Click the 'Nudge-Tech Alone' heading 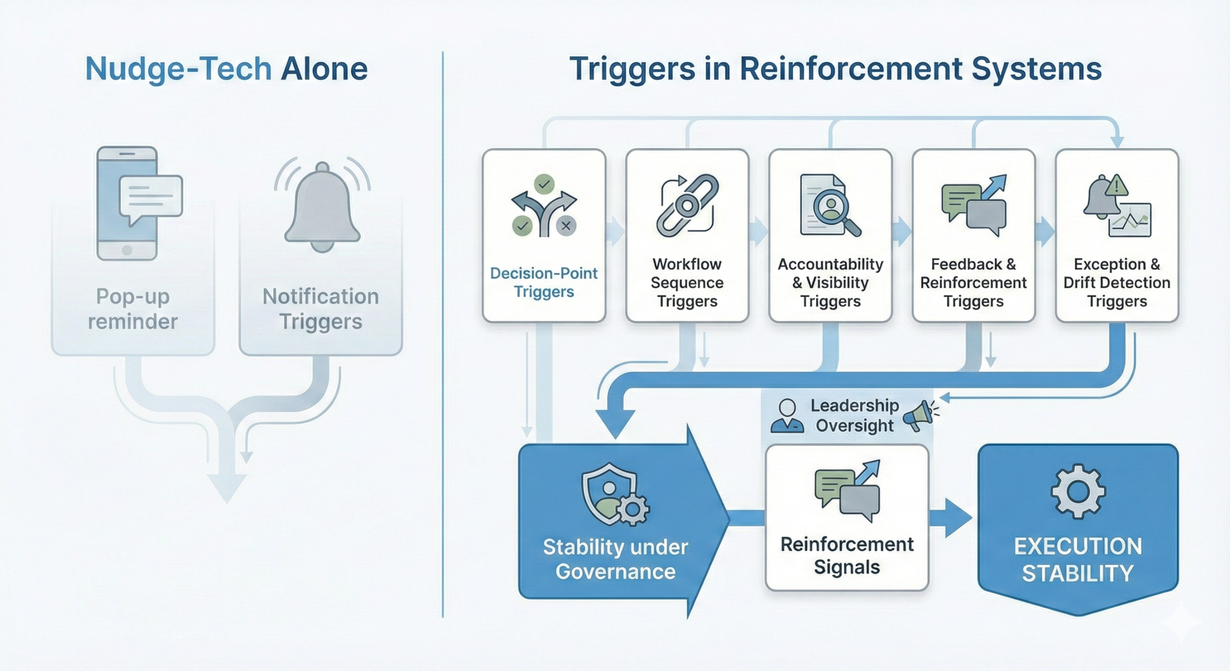pos(226,69)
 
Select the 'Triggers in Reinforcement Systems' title pos(836,69)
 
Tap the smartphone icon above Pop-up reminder pos(127,203)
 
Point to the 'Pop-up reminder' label pos(133,309)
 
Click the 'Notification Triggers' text pos(320,309)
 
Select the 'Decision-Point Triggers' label pos(544,282)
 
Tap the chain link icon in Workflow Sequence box pos(687,206)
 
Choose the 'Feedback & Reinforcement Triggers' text pos(973,282)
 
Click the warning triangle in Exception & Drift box pos(1116,186)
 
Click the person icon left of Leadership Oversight pos(787,416)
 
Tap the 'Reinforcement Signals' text pos(847,555)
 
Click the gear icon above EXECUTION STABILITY pos(1078,491)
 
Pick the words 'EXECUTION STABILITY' pos(1078,559)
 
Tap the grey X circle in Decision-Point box pos(566,225)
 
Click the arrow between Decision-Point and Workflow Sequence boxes pos(615,232)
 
